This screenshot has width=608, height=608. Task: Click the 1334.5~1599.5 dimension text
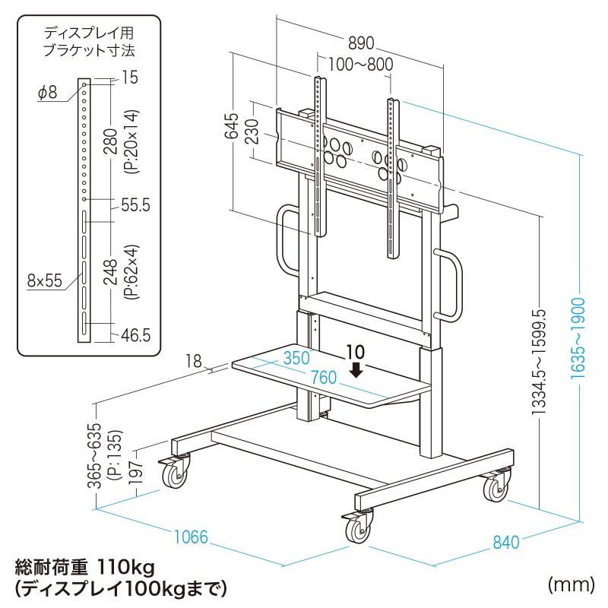(x=540, y=362)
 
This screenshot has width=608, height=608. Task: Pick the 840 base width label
(x=505, y=542)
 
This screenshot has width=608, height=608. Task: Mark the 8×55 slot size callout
(x=45, y=280)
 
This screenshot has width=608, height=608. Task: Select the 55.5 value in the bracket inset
(x=135, y=204)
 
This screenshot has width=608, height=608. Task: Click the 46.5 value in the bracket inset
(x=135, y=334)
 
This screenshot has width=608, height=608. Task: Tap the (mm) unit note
(x=569, y=584)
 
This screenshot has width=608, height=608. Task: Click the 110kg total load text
(x=125, y=566)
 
